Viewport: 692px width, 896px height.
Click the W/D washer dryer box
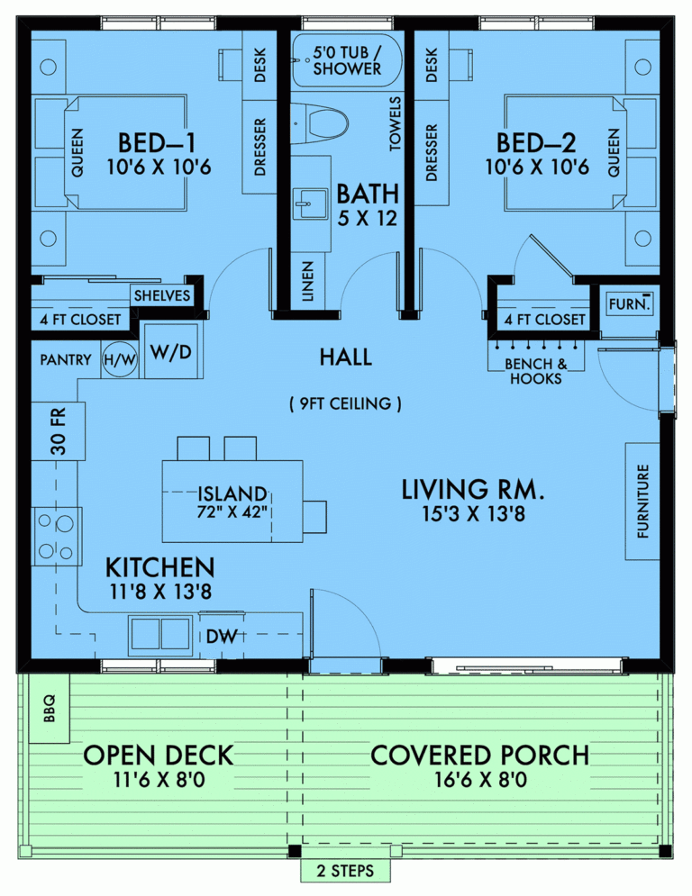pyautogui.click(x=171, y=350)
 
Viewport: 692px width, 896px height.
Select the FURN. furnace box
pyautogui.click(x=627, y=304)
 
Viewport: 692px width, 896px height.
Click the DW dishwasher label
pyautogui.click(x=221, y=637)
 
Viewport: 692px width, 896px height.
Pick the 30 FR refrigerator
pyautogui.click(x=58, y=432)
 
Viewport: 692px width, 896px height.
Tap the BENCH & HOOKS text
pyautogui.click(x=535, y=371)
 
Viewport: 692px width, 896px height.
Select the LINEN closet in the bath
pyautogui.click(x=308, y=282)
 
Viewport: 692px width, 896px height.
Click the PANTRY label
pyautogui.click(x=65, y=359)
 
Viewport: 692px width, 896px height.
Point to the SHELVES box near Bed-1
pyautogui.click(x=162, y=295)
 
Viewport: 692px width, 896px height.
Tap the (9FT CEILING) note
pyautogui.click(x=346, y=403)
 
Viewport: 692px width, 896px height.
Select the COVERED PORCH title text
pyautogui.click(x=480, y=755)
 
